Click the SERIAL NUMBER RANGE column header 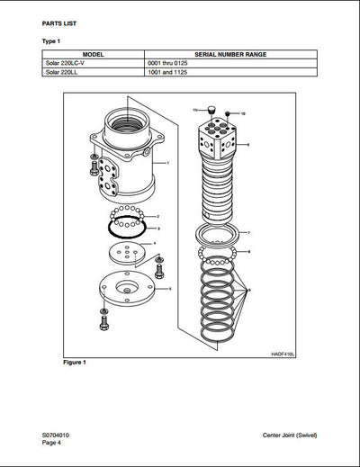[x=225, y=54]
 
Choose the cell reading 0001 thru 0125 [x=169, y=64]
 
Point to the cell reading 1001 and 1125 [x=167, y=73]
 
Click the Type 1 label [x=52, y=40]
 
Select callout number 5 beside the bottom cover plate [x=170, y=288]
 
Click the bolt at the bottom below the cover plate [x=103, y=319]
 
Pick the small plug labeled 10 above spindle [x=228, y=114]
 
